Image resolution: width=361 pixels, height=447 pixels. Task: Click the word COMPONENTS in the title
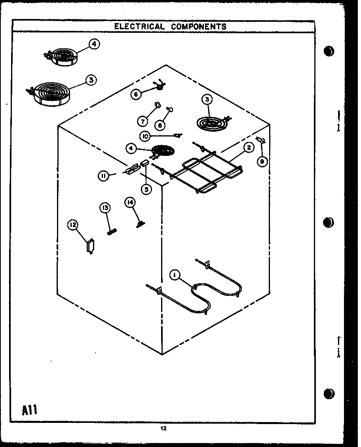tap(199, 27)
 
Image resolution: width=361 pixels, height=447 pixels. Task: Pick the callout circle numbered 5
tap(146, 189)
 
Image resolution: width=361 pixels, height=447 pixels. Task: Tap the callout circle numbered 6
tap(136, 94)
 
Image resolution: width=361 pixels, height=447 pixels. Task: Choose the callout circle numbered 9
tap(261, 161)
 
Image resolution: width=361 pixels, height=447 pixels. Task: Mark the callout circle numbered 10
tap(145, 136)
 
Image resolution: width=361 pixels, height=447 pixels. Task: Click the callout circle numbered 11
tap(103, 176)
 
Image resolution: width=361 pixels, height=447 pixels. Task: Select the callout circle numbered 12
tap(72, 225)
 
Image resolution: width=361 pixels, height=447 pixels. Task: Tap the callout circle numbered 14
tap(129, 203)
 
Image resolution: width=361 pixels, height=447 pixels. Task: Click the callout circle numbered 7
tap(142, 120)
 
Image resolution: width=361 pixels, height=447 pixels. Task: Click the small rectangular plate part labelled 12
tap(90, 246)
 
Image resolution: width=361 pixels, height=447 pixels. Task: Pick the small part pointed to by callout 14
tap(140, 224)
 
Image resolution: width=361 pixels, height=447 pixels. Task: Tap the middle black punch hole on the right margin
tap(328, 223)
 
